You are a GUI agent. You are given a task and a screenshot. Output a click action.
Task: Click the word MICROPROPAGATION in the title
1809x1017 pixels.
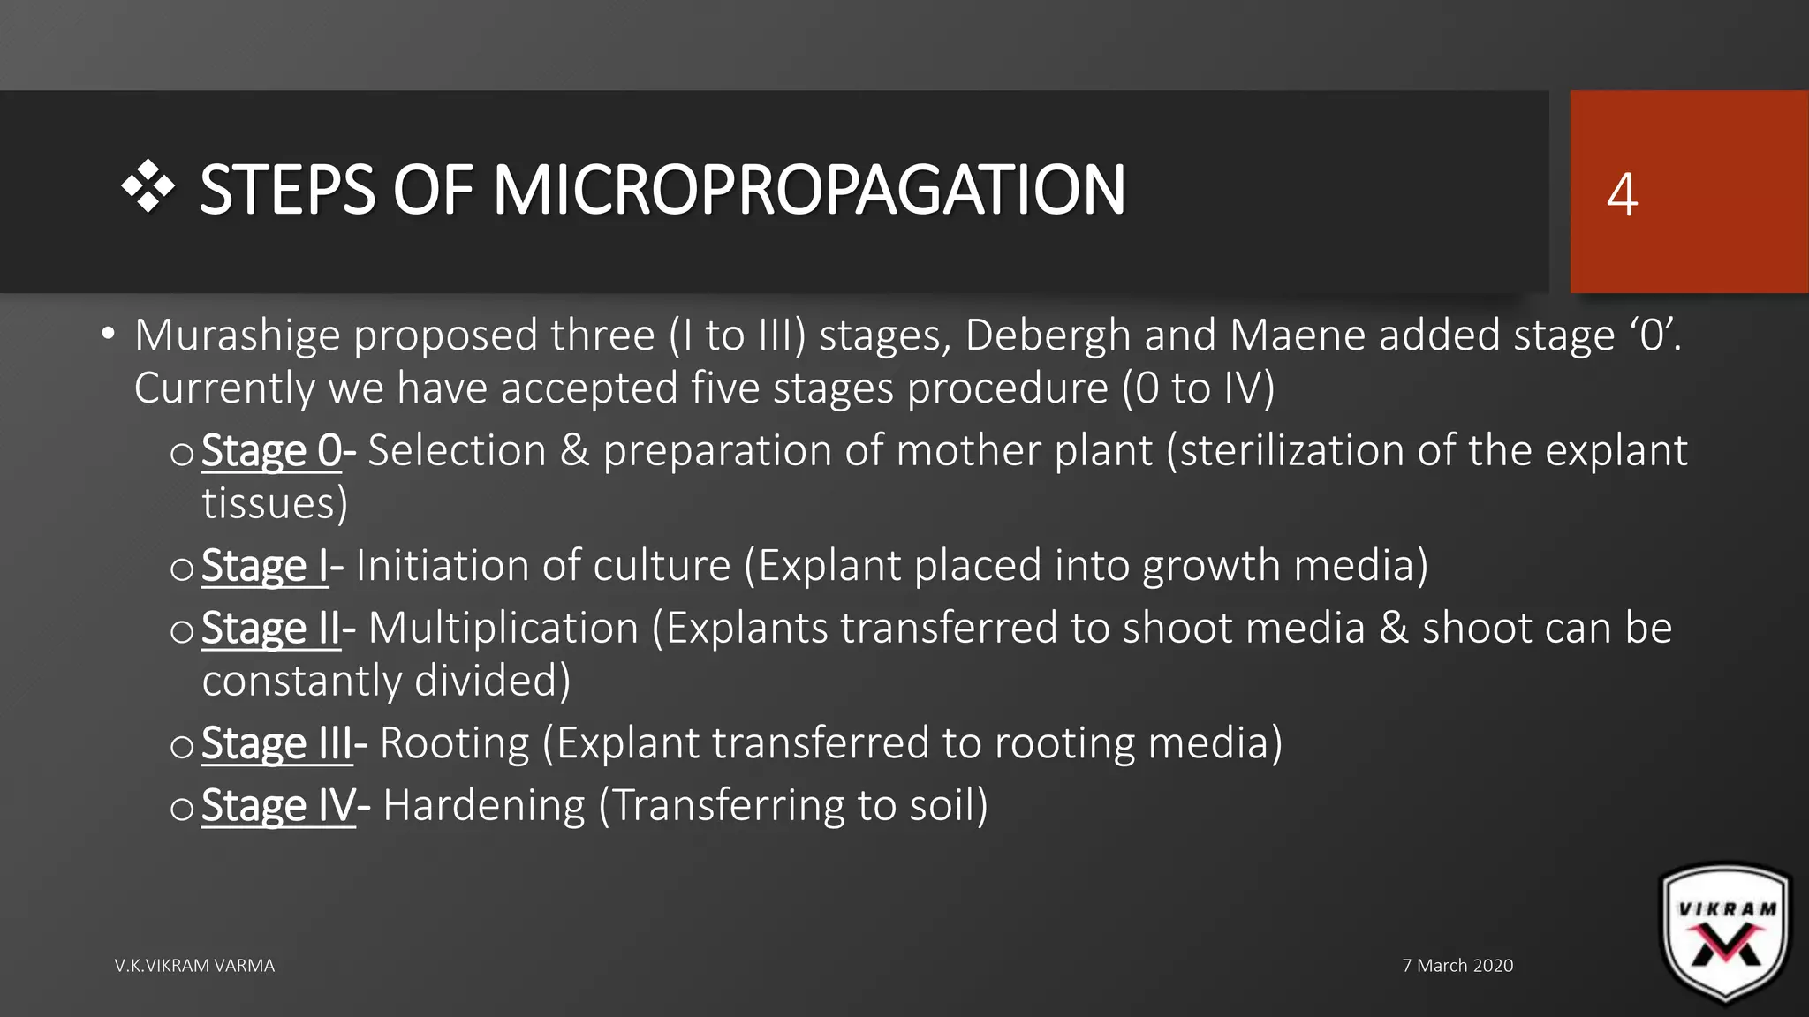pyautogui.click(x=808, y=190)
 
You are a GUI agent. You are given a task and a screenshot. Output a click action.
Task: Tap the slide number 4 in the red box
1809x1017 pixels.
pyautogui.click(x=1622, y=194)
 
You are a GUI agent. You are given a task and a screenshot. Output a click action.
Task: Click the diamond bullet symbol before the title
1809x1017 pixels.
pyautogui.click(x=148, y=187)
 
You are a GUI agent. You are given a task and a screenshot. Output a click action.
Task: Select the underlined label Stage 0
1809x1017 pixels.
pyautogui.click(x=271, y=451)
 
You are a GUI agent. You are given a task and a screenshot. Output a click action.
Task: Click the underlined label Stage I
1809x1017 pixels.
pyautogui.click(x=265, y=566)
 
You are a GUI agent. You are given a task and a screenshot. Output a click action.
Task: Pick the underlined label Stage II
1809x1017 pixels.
pyautogui.click(x=271, y=629)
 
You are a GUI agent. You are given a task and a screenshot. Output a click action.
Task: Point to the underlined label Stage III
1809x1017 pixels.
pyautogui.click(x=277, y=743)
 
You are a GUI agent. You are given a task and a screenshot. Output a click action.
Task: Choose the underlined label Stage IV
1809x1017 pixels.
pyautogui.click(x=278, y=806)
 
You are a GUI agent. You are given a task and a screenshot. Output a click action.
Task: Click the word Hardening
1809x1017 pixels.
pyautogui.click(x=484, y=806)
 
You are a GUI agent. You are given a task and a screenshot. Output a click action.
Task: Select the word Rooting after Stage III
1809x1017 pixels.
pyautogui.click(x=454, y=743)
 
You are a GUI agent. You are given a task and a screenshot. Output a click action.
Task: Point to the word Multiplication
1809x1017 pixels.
pyautogui.click(x=503, y=629)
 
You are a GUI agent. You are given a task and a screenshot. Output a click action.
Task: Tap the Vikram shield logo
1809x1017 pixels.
pyautogui.click(x=1726, y=934)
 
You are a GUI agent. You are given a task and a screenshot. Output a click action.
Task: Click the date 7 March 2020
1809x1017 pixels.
pyautogui.click(x=1457, y=966)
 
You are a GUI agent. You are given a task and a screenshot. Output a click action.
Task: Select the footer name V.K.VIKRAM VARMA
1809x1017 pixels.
pyautogui.click(x=194, y=966)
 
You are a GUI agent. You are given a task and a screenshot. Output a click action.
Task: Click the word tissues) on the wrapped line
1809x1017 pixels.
pyautogui.click(x=275, y=504)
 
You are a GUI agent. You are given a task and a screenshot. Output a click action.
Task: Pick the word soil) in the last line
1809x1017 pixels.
pyautogui.click(x=949, y=806)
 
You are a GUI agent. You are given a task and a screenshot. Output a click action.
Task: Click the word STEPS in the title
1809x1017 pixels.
pyautogui.click(x=288, y=190)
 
